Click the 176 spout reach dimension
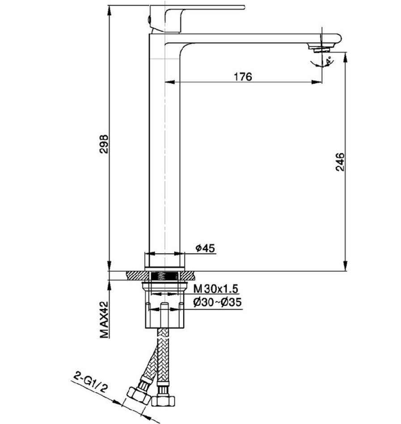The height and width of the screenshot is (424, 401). (x=243, y=76)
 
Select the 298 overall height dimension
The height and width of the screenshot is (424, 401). (x=104, y=145)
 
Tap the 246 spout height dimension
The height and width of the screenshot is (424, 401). (x=340, y=162)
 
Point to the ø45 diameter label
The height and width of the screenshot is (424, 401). (x=206, y=248)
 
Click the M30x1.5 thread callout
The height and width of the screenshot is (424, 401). (x=216, y=289)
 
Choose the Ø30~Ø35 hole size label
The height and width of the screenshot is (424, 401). (x=217, y=302)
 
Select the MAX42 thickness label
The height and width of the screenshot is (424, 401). (x=104, y=320)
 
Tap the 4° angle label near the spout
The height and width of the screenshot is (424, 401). (x=329, y=61)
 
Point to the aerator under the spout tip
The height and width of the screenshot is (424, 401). (x=321, y=50)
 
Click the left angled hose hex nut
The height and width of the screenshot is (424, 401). (x=139, y=395)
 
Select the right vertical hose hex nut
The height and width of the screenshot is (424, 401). (x=163, y=401)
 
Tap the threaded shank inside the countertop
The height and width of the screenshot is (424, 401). (x=165, y=276)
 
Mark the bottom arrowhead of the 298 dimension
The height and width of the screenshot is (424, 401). (x=109, y=266)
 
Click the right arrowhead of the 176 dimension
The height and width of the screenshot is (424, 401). (x=317, y=82)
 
